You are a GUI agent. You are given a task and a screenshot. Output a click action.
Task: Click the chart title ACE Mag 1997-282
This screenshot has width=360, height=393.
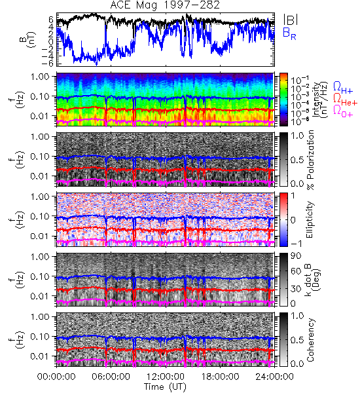[x=165, y=5]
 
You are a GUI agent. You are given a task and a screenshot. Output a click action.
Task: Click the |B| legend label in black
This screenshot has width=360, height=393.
[x=291, y=20]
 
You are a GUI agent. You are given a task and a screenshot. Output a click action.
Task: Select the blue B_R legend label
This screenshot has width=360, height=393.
[x=289, y=33]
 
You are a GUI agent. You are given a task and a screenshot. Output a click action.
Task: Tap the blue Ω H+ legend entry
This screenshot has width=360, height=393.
[x=343, y=88]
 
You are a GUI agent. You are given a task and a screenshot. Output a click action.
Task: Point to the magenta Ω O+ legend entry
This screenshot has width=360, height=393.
[x=343, y=111]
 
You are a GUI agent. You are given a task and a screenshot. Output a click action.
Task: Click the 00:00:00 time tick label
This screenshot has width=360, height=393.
[x=56, y=377]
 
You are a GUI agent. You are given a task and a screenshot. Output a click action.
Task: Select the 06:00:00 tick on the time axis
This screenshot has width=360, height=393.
[x=111, y=377]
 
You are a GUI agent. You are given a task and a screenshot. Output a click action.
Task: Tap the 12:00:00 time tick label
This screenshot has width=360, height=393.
[x=166, y=377]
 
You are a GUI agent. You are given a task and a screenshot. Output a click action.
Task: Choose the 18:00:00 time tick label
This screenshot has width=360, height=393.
[x=220, y=377]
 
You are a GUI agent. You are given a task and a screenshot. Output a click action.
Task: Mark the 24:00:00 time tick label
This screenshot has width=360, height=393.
[x=274, y=377]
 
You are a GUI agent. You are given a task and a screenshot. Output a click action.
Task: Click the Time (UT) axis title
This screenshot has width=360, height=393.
[x=165, y=386]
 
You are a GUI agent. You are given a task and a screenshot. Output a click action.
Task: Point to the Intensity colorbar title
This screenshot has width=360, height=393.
[x=321, y=100]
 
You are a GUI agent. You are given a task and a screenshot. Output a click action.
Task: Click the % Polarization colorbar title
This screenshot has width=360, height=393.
[x=310, y=160]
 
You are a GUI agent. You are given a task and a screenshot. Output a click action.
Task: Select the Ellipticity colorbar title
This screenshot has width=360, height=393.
[x=310, y=219]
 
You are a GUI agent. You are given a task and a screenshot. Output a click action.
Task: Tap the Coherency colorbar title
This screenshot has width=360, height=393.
[x=310, y=340]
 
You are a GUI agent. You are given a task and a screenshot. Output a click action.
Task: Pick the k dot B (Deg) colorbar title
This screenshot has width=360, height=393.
[x=312, y=280]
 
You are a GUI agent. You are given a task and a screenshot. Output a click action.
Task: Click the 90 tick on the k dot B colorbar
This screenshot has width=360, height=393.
[x=296, y=255]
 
